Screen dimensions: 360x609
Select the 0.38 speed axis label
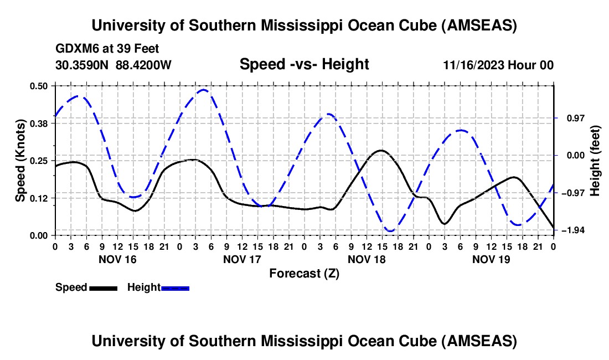pos(40,123)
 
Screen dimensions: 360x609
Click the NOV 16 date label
pos(117,259)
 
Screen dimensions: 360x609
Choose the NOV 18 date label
pos(366,259)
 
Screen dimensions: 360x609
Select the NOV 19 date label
pos(491,259)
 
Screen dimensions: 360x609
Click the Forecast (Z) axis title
pos(304,273)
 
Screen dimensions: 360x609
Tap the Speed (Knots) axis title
pos(20,160)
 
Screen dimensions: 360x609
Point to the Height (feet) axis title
pos(595,160)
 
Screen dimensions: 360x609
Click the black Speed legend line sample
pos(103,288)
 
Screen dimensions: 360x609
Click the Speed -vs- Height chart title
pos(304,64)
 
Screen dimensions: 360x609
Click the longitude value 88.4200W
pos(143,65)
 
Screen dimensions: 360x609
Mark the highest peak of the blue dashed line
pos(203,90)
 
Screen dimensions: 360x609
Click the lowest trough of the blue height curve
pos(391,231)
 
